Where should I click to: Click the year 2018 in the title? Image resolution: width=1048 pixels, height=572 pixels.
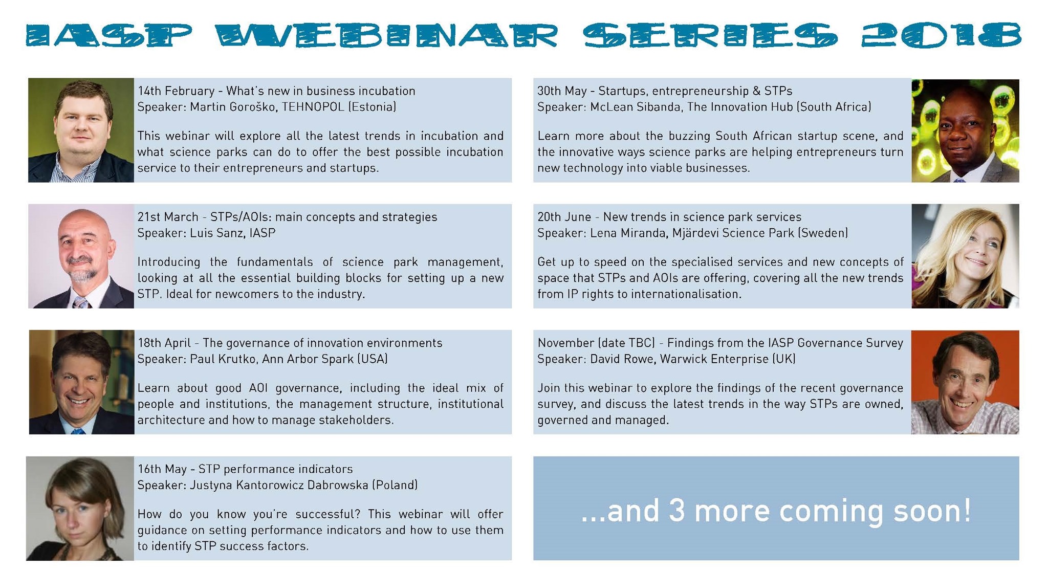(x=941, y=36)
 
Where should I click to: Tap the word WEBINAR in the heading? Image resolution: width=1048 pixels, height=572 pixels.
(x=386, y=36)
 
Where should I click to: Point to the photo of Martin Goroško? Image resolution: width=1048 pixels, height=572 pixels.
(x=81, y=130)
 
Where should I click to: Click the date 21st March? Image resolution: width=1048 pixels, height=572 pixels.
(x=168, y=217)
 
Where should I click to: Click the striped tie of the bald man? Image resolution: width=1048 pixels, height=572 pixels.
(x=81, y=302)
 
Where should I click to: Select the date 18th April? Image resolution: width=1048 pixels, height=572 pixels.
(x=164, y=343)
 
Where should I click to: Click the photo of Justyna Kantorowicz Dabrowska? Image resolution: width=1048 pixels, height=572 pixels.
(x=80, y=508)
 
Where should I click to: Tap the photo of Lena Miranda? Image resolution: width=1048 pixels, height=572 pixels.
(x=965, y=256)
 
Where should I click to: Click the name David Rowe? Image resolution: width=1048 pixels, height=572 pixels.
(x=622, y=359)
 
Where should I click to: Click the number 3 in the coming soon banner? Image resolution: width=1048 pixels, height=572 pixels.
(x=676, y=511)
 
